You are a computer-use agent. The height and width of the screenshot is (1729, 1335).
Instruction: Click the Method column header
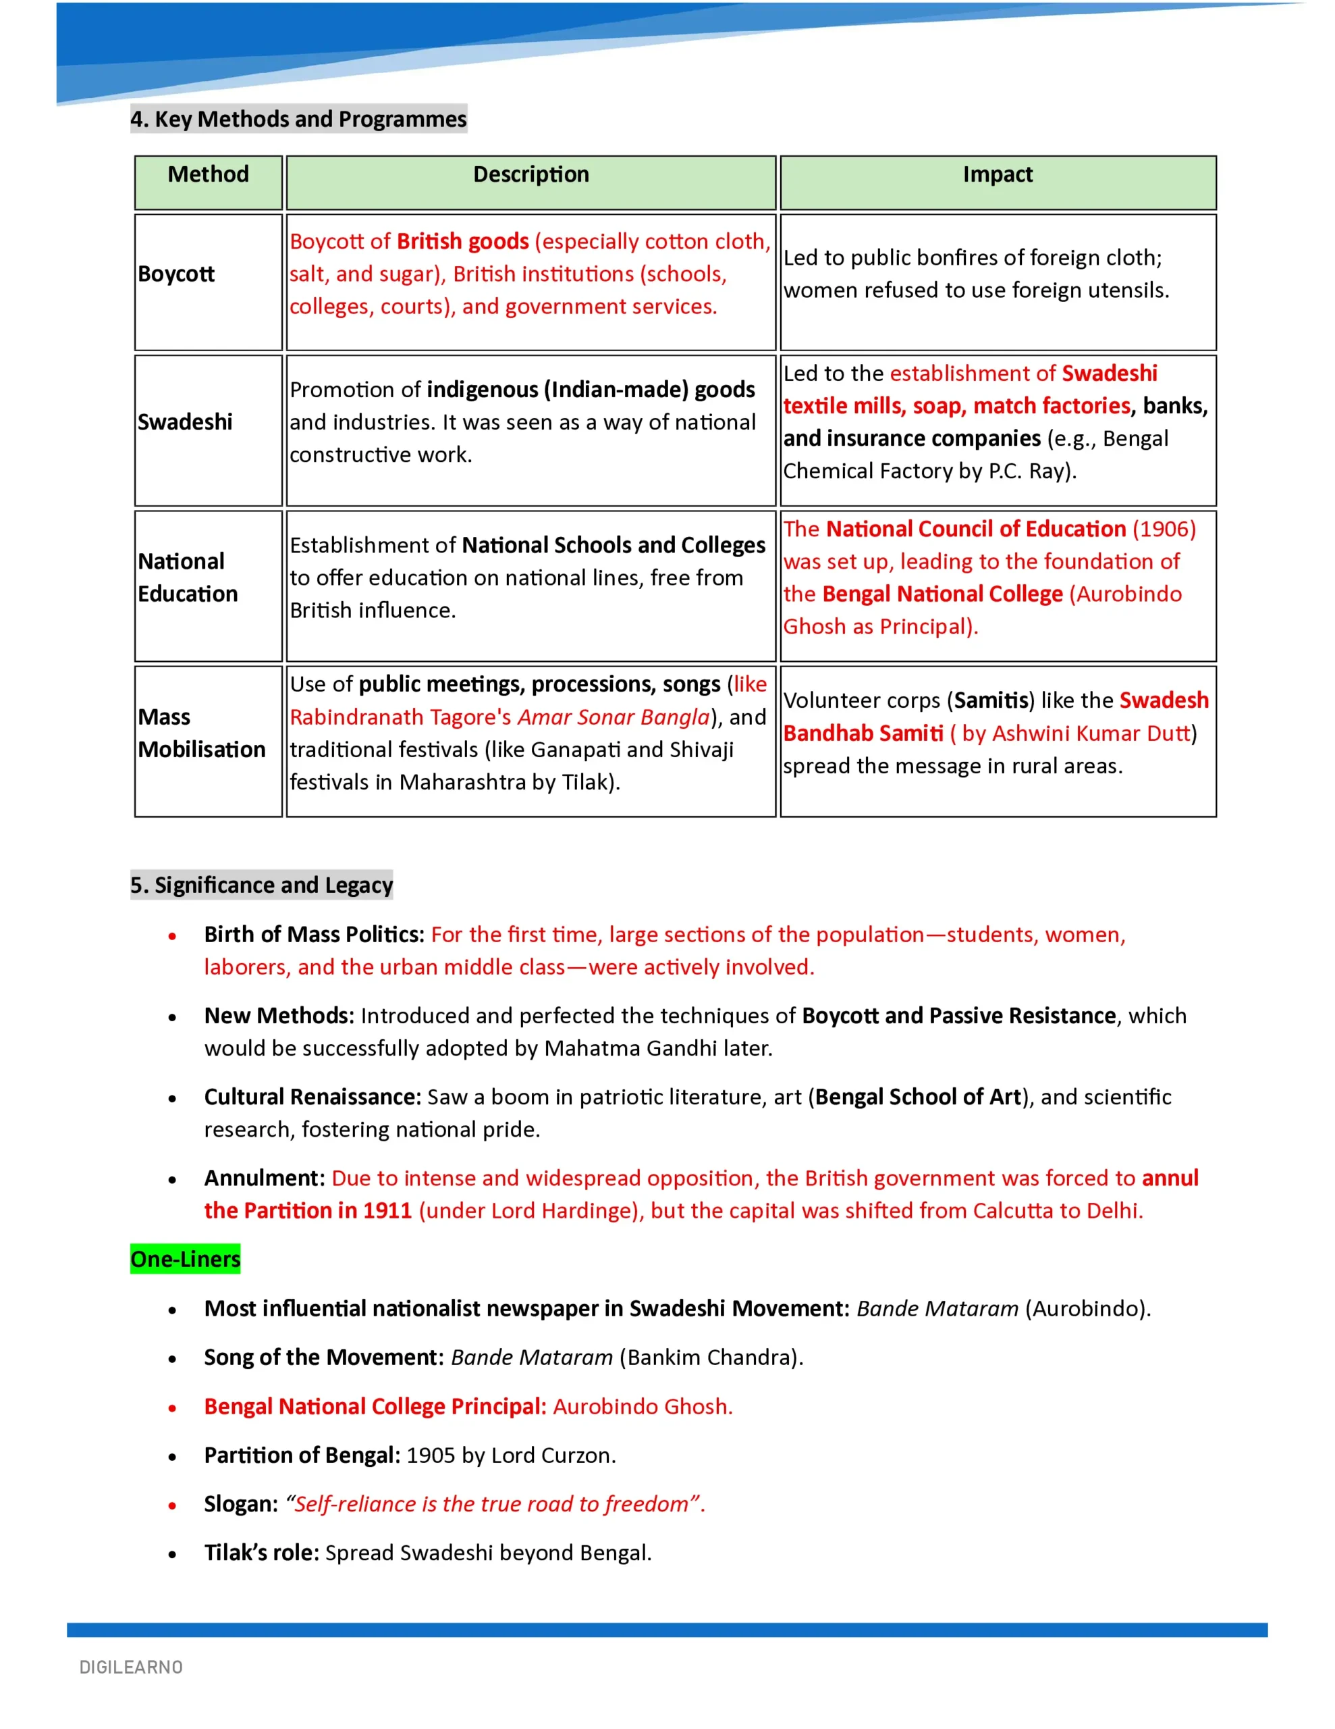(x=208, y=174)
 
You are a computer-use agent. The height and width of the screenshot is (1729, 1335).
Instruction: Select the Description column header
(x=531, y=174)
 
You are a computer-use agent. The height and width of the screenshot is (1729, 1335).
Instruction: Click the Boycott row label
(x=176, y=274)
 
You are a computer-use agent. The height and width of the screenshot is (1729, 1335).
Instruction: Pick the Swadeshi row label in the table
(x=185, y=422)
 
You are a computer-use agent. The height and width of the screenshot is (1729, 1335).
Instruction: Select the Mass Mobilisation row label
(x=202, y=733)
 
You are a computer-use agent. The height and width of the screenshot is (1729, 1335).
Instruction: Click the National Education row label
(x=188, y=578)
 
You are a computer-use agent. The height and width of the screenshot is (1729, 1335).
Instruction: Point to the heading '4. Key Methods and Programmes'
(x=298, y=119)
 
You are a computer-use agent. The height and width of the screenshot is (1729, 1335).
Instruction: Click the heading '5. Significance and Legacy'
(x=261, y=884)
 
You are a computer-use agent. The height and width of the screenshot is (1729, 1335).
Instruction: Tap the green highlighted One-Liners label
(x=185, y=1259)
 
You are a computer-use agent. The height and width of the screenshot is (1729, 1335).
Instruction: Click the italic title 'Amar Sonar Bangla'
(x=614, y=717)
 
